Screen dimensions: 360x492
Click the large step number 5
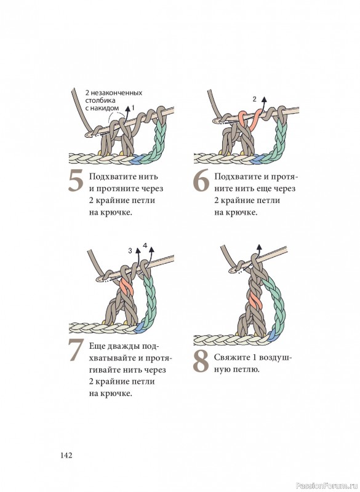coord(76,181)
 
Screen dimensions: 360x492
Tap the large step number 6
coord(201,181)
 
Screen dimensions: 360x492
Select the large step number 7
coord(76,350)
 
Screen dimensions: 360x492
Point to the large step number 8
coord(201,362)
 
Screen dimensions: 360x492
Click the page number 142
coord(66,455)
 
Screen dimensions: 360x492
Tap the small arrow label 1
coord(133,108)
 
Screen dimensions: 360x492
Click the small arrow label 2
coord(255,99)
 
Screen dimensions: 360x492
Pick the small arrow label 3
coord(130,251)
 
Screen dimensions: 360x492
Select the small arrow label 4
coord(145,245)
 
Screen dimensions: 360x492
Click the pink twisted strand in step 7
coord(127,288)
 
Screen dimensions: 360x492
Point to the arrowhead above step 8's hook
coord(259,248)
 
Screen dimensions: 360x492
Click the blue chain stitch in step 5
coord(137,159)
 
